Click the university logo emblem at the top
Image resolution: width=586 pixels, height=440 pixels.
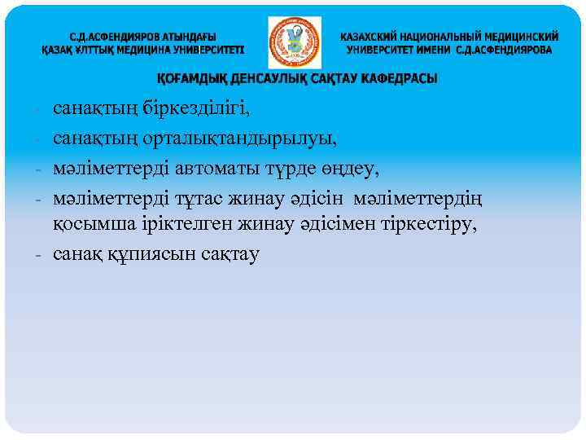point(295,43)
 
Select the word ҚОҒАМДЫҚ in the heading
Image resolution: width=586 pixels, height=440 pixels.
point(189,79)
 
